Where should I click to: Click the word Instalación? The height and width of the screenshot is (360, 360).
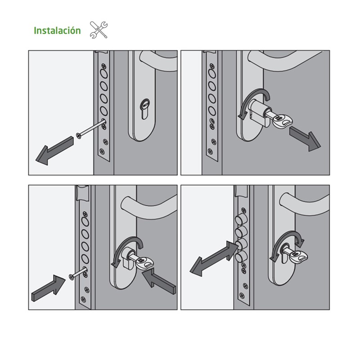[57, 31]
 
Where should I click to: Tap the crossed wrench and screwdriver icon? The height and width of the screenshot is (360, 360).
[99, 30]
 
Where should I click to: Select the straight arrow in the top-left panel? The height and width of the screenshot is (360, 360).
[54, 150]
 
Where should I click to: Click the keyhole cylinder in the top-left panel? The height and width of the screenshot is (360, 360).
[144, 108]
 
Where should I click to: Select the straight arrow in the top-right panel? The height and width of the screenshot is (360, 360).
[305, 139]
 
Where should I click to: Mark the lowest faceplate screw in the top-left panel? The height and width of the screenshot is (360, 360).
[102, 151]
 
